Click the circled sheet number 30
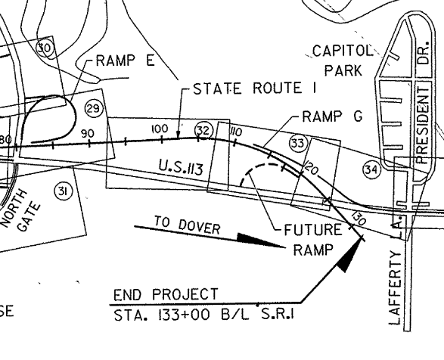(x=45, y=48)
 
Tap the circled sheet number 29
(x=94, y=108)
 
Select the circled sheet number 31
(x=63, y=192)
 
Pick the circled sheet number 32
(x=203, y=131)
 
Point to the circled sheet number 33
(x=298, y=144)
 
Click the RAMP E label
(x=125, y=61)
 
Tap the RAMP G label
(x=332, y=116)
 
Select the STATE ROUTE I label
(x=255, y=88)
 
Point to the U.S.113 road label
(x=181, y=167)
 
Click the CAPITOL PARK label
(x=343, y=61)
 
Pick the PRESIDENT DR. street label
(x=424, y=103)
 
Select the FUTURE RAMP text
(x=312, y=240)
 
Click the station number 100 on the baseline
(x=160, y=129)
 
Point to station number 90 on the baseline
(x=87, y=133)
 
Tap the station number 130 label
(x=359, y=218)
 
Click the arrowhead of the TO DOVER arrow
(x=261, y=241)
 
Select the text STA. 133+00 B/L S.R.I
(x=203, y=315)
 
